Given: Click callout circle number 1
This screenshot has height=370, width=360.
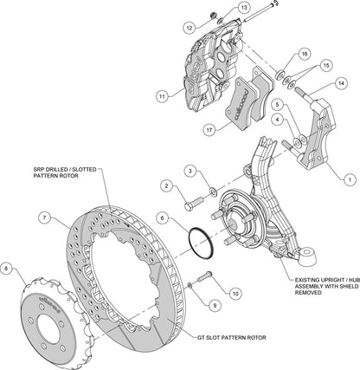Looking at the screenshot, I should tap(348, 179).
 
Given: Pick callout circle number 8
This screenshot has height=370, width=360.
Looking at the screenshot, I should tap(9, 269).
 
